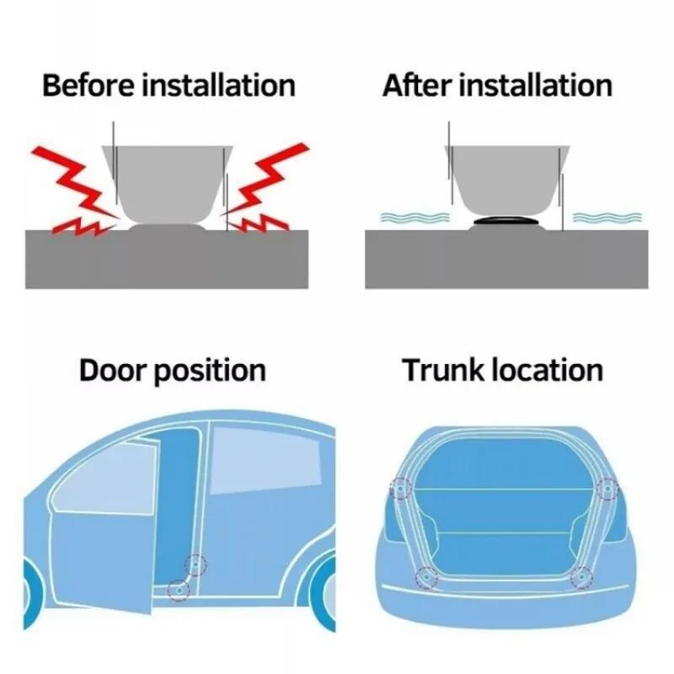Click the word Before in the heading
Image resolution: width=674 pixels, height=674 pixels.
pyautogui.click(x=84, y=85)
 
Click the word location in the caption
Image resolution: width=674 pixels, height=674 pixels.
pyautogui.click(x=548, y=371)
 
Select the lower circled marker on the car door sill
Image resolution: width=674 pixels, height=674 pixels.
pyautogui.click(x=178, y=590)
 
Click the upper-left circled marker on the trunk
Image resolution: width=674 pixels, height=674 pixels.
pyautogui.click(x=399, y=488)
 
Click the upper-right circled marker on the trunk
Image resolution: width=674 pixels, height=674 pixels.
pyautogui.click(x=607, y=488)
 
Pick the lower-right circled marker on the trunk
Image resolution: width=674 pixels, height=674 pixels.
pyautogui.click(x=580, y=576)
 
